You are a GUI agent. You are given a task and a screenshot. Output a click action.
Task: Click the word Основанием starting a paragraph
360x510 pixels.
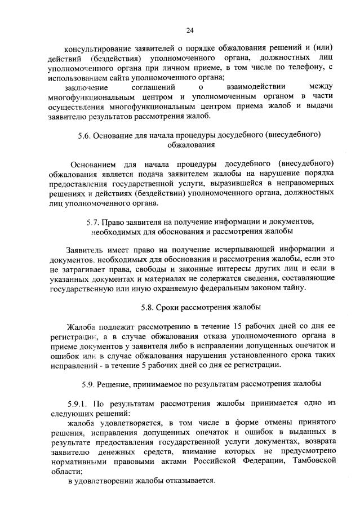93,164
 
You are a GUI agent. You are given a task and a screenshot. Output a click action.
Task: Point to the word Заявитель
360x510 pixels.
84,250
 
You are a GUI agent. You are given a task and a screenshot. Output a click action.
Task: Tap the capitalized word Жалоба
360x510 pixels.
82,327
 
